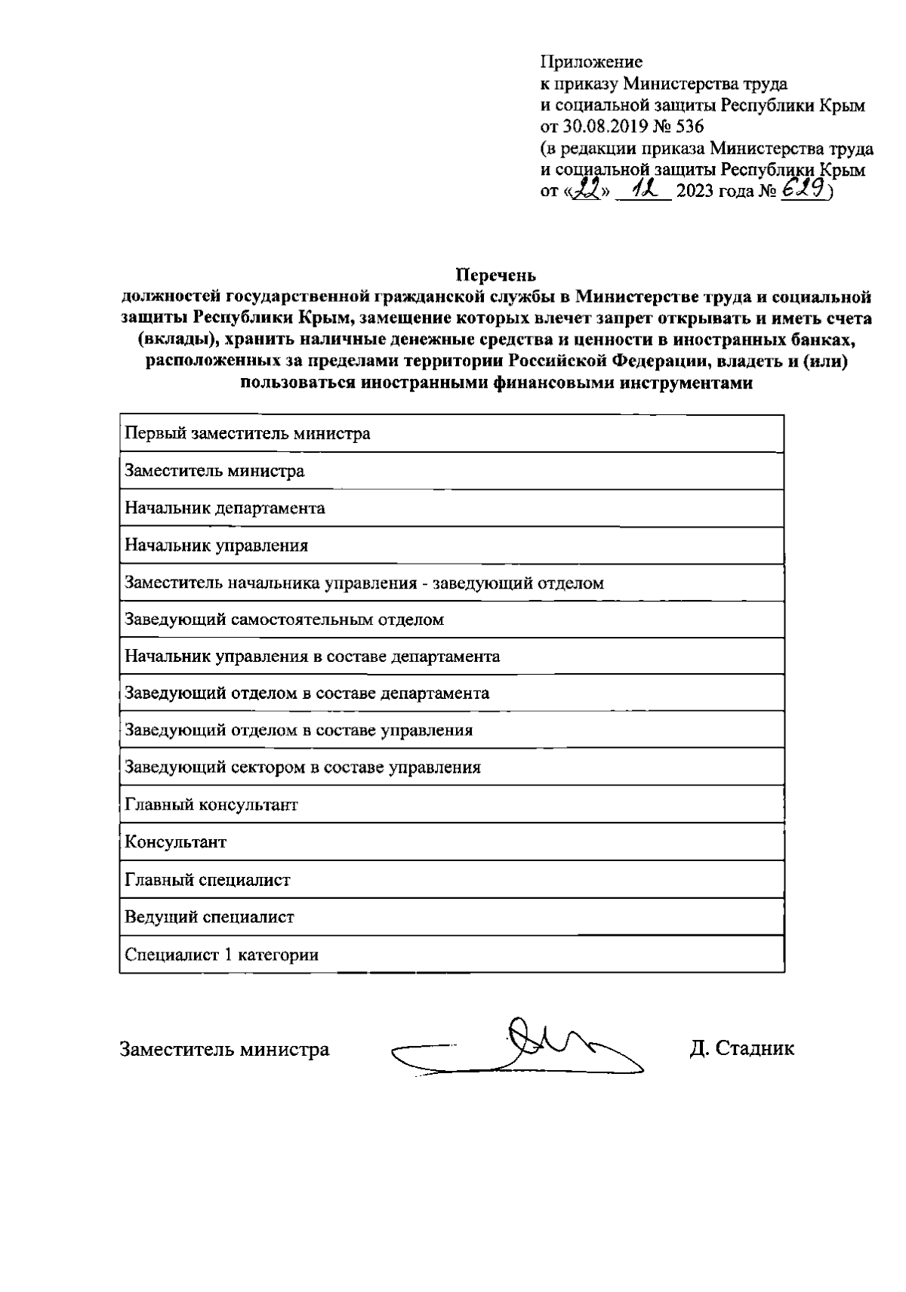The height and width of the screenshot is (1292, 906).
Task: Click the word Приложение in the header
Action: [x=591, y=62]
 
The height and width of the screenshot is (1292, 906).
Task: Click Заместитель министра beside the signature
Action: [x=224, y=1049]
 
